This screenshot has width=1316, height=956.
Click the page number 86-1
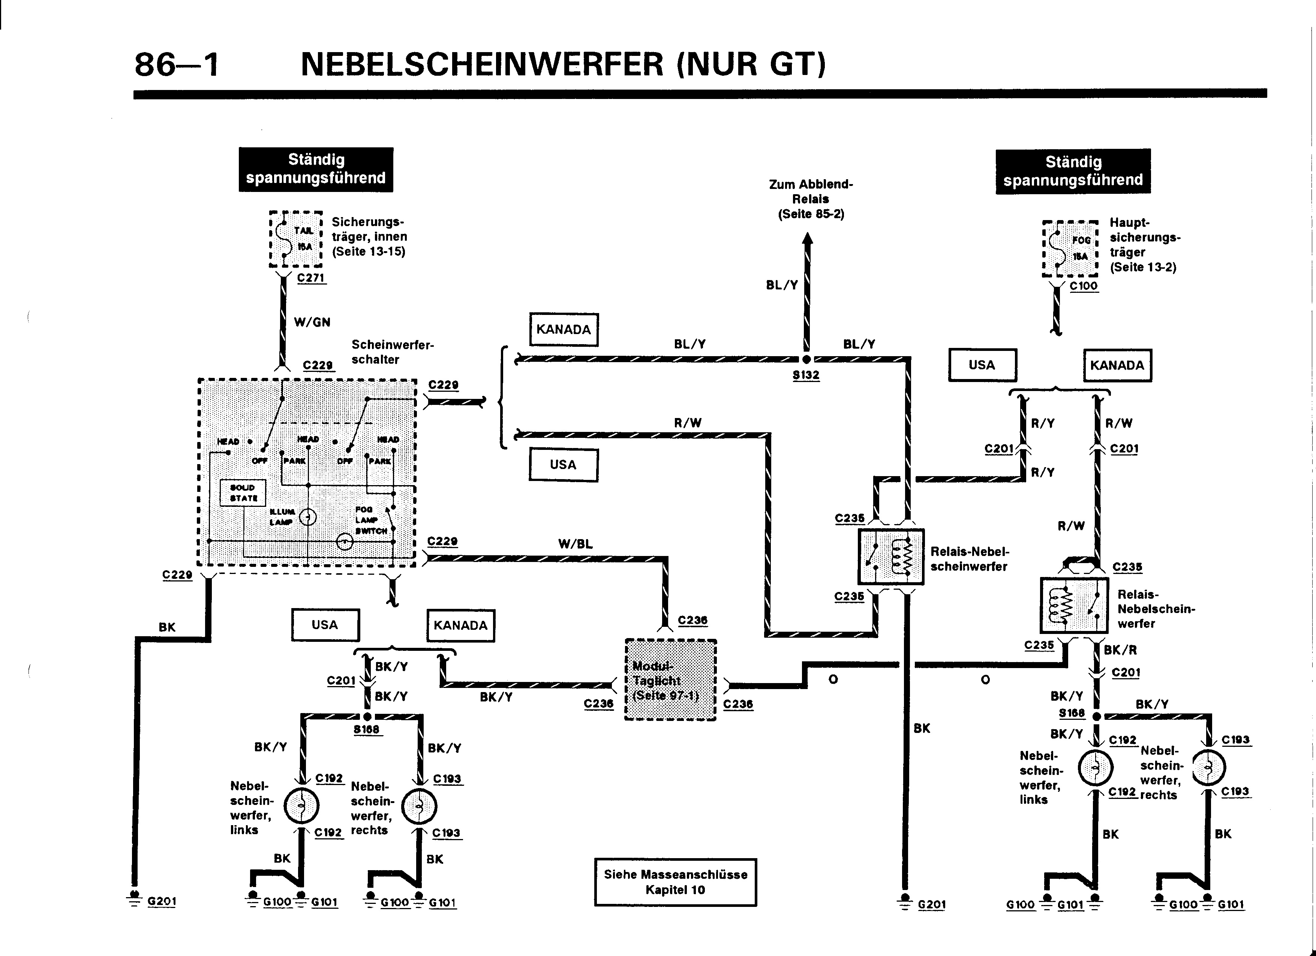[x=177, y=64]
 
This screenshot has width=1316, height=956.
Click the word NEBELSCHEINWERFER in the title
[x=482, y=64]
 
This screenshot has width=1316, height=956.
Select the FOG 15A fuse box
[x=1070, y=248]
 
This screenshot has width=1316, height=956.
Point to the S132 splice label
[x=806, y=375]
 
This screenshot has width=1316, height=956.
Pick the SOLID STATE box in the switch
[x=243, y=493]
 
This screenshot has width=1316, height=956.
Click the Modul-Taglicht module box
[x=670, y=680]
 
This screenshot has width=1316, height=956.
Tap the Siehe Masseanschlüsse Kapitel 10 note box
[x=675, y=882]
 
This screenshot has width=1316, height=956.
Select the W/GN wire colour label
[x=312, y=322]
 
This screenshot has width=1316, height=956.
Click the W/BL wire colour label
[x=575, y=544]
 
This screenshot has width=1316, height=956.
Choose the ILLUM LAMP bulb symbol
[x=307, y=517]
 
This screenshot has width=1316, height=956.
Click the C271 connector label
[x=311, y=278]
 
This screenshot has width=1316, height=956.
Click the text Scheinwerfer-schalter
[x=392, y=352]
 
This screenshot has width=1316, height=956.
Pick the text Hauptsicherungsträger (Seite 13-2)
[x=1144, y=245]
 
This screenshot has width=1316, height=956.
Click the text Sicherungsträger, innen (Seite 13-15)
[x=369, y=237]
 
